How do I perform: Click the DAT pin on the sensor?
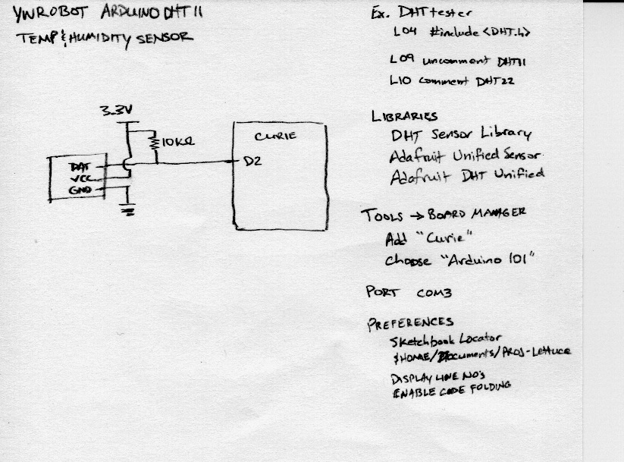(80, 166)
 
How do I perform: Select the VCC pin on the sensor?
(78, 179)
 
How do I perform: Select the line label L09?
(399, 59)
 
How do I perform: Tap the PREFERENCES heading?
(410, 322)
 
